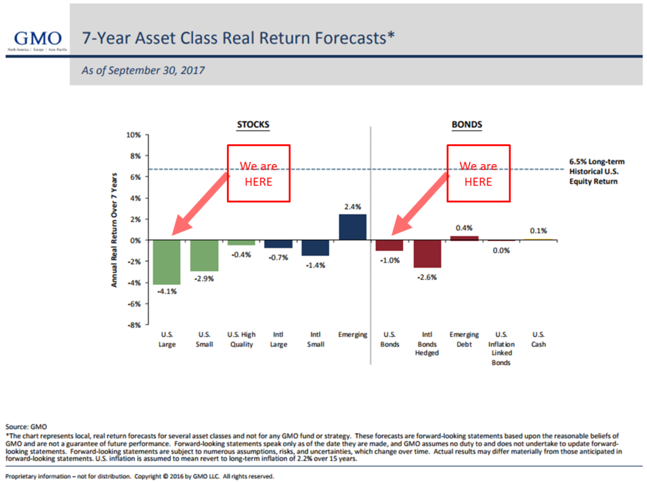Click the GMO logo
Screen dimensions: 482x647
point(34,38)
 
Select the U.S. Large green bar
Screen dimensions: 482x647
point(167,262)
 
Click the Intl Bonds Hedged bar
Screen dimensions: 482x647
point(427,254)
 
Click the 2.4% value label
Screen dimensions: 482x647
point(353,207)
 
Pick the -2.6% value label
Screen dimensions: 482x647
point(427,275)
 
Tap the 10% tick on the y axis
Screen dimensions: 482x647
point(133,135)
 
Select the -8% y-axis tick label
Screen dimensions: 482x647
point(134,325)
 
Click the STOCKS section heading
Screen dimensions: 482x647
point(253,124)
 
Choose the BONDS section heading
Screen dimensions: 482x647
point(466,124)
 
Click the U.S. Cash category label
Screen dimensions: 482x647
point(539,339)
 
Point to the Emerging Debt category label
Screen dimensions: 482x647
point(464,339)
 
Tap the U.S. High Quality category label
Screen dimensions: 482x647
point(241,339)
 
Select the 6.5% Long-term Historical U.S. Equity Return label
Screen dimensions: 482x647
point(593,171)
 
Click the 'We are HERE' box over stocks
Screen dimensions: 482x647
point(258,173)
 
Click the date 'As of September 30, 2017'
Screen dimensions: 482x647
point(143,71)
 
